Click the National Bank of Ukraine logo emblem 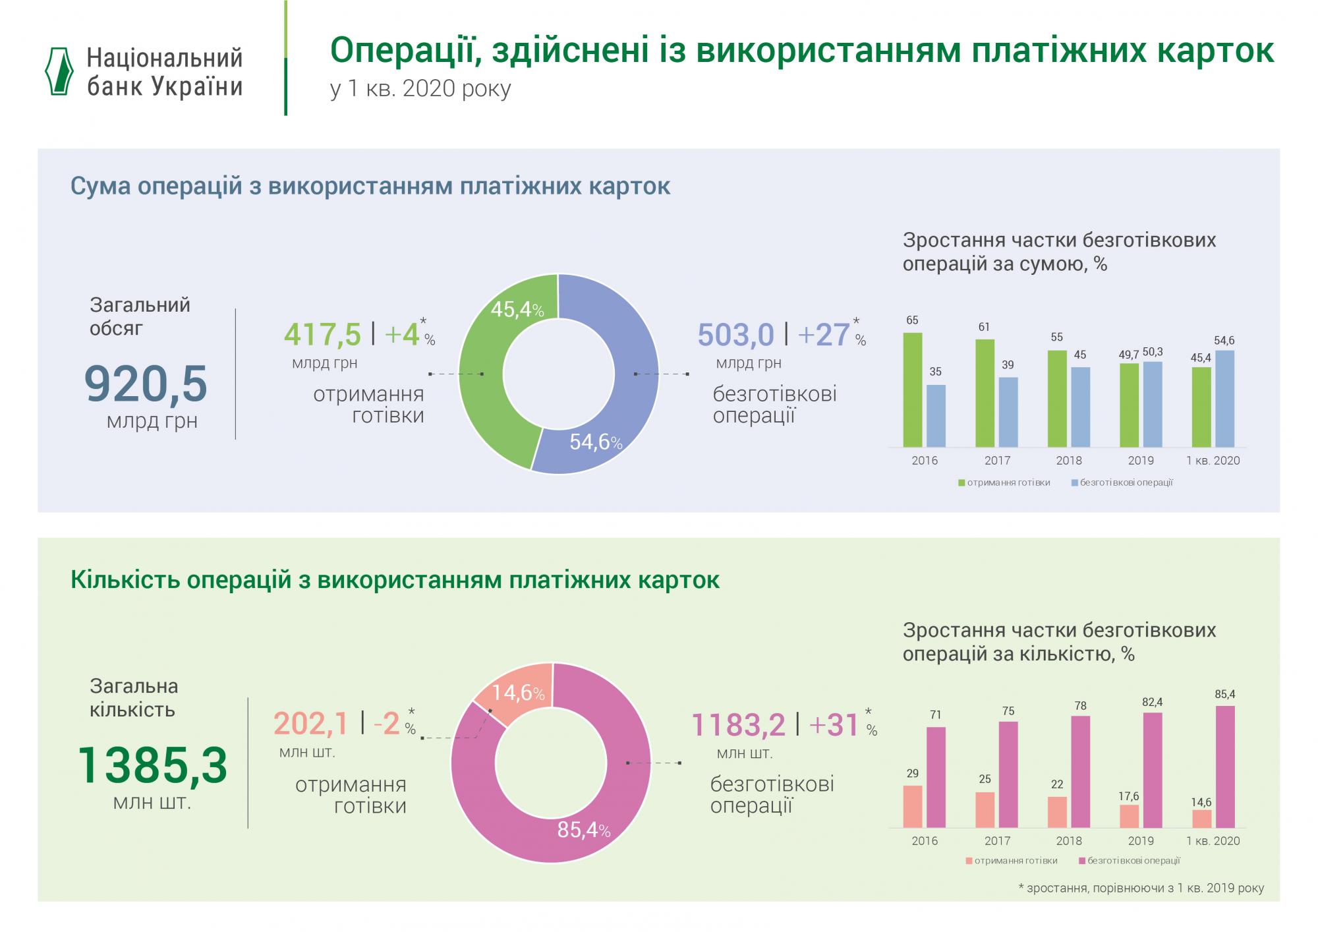pos(59,72)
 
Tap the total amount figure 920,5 pos(146,384)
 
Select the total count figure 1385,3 pos(152,765)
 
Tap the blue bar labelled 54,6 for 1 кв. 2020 pos(1224,399)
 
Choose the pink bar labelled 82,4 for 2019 pos(1152,770)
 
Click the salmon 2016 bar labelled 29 pos(913,806)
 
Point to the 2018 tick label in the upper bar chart pos(1069,461)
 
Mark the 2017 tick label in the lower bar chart pos(997,841)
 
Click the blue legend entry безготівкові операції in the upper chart pos(1124,482)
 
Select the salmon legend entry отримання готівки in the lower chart pos(1014,861)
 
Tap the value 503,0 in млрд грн pos(735,335)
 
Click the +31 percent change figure pos(834,725)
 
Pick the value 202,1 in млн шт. pos(310,724)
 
